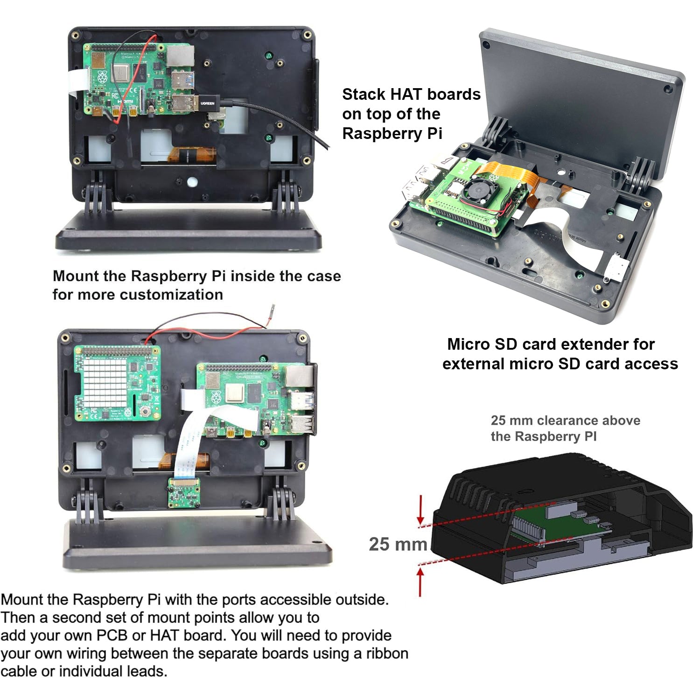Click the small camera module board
[184, 492]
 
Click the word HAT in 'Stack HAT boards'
[406, 94]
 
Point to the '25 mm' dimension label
[398, 544]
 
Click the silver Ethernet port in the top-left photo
[181, 55]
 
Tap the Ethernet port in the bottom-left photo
[299, 376]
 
